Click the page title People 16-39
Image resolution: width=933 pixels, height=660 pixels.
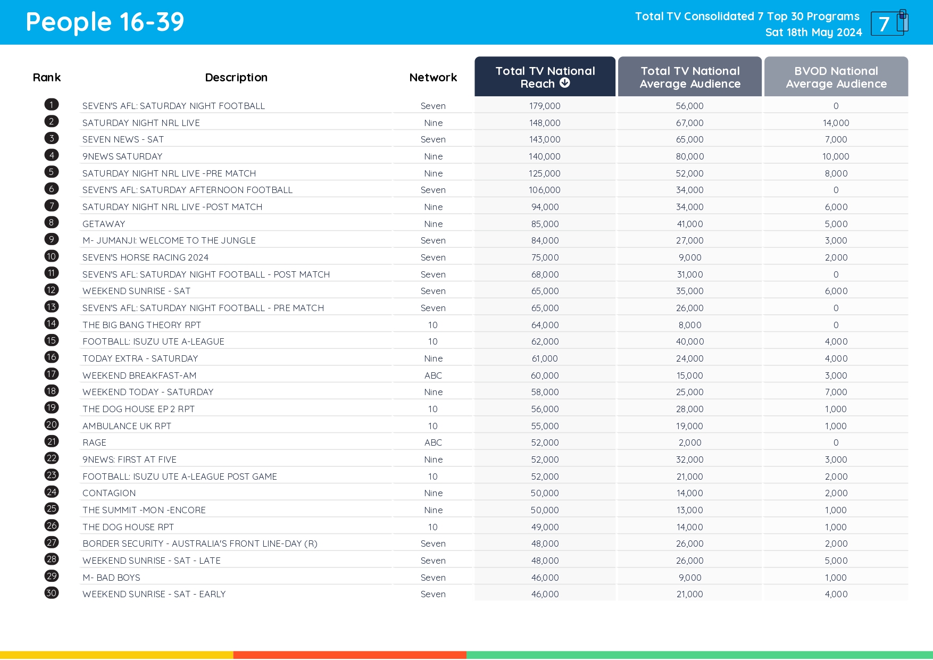105,22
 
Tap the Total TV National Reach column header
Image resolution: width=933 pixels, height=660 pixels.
545,77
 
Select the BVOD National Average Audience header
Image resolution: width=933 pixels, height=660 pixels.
836,77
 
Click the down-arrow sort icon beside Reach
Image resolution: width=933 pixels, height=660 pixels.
565,83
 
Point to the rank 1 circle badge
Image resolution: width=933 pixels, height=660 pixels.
52,105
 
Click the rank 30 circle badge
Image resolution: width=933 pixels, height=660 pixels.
52,593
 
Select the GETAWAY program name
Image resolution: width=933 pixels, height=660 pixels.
104,224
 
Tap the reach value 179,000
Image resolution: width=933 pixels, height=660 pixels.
545,106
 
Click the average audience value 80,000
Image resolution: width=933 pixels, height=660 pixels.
689,156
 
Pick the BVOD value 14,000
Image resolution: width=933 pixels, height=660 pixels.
836,123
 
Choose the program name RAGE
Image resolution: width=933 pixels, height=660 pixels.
94,442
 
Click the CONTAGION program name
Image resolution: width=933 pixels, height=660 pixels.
109,493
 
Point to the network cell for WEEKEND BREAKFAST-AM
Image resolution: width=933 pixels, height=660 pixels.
433,375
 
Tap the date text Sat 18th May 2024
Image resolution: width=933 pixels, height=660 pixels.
813,32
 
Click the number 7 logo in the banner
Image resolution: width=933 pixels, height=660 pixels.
888,23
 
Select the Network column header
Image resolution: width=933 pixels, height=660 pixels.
433,78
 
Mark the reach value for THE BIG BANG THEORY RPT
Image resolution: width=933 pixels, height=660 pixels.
545,325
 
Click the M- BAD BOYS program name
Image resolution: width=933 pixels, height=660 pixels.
111,578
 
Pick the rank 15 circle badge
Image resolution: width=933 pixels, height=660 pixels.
52,340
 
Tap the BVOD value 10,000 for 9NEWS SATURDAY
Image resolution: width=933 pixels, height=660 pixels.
836,156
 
